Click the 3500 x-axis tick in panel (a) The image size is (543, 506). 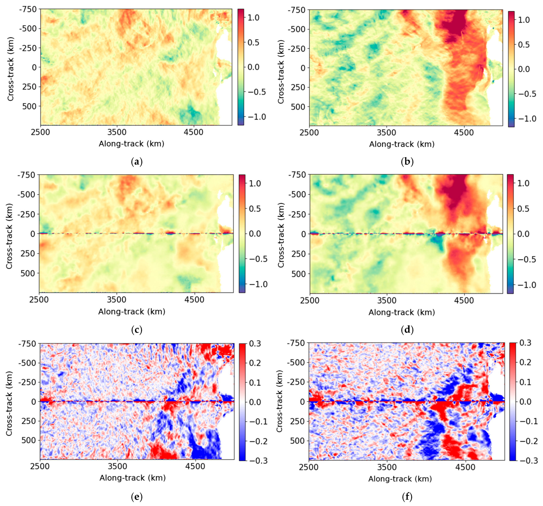(117, 132)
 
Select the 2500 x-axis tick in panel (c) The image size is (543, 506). (39, 300)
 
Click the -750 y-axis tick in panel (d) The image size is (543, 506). (297, 175)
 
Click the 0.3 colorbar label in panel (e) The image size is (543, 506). (255, 343)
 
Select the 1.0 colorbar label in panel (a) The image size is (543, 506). (254, 18)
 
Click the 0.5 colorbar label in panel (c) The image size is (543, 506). (255, 209)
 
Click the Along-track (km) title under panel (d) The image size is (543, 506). (401, 312)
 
